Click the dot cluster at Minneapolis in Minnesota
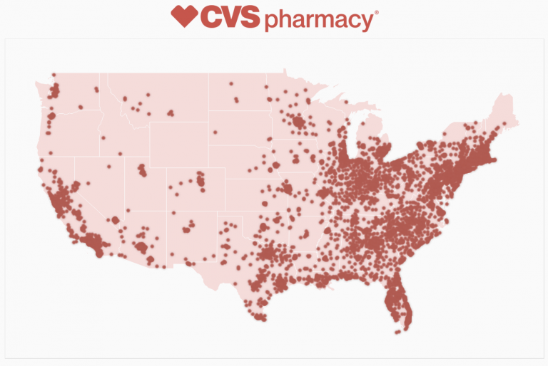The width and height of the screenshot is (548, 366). [x=300, y=122]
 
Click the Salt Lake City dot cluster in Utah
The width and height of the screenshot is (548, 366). [x=142, y=169]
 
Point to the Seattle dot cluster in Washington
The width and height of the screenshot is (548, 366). [x=55, y=91]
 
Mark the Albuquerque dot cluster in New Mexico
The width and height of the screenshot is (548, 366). [x=188, y=228]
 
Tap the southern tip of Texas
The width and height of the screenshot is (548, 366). [x=260, y=317]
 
